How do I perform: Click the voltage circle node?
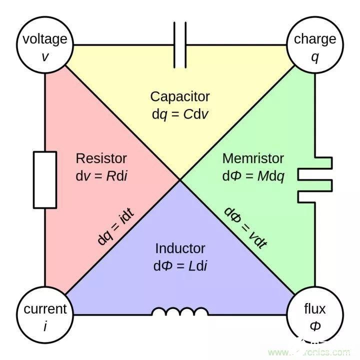[45, 45]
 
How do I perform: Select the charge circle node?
[315, 45]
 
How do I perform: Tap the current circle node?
[45, 315]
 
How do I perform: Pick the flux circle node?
[315, 315]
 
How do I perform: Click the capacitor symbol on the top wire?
[180, 45]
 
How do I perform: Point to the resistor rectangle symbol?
[45, 180]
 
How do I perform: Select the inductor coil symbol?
[180, 311]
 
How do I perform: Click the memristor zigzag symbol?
[315, 180]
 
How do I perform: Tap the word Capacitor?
[180, 96]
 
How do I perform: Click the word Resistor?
[101, 158]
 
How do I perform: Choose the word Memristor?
[253, 158]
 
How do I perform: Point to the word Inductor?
[180, 248]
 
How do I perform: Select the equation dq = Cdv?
[180, 114]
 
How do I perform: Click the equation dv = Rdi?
[101, 176]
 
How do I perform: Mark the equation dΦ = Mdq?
[253, 176]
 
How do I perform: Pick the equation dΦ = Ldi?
[180, 266]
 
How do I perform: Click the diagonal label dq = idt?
[115, 226]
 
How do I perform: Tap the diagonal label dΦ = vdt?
[245, 228]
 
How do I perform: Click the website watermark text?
[309, 351]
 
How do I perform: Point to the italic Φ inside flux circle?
[315, 325]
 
